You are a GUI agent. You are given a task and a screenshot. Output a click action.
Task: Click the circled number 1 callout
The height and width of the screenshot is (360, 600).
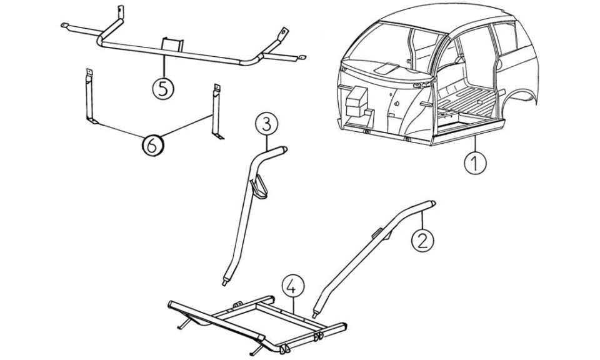pyautogui.click(x=475, y=164)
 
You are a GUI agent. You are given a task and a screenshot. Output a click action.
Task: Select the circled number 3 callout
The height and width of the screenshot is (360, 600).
pyautogui.click(x=267, y=124)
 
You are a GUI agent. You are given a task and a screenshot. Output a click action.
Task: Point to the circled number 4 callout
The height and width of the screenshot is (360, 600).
pyautogui.click(x=293, y=287)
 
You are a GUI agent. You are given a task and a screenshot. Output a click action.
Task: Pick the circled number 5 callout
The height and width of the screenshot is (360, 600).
pyautogui.click(x=163, y=89)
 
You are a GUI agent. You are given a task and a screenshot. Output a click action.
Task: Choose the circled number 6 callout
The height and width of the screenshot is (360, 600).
pyautogui.click(x=152, y=146)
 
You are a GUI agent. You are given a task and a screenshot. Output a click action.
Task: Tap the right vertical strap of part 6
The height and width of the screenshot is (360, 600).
pyautogui.click(x=217, y=112)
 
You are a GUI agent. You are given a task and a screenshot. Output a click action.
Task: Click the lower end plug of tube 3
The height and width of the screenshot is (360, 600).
pyautogui.click(x=225, y=282)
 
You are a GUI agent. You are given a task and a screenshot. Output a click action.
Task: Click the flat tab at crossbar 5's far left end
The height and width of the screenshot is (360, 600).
pyautogui.click(x=65, y=26)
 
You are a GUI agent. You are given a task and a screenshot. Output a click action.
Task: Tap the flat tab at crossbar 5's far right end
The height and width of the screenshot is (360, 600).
pyautogui.click(x=302, y=57)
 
